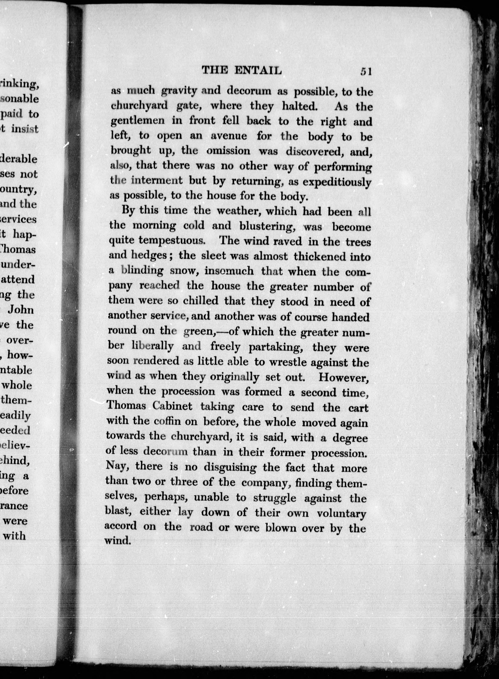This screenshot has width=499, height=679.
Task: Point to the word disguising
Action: coord(230,468)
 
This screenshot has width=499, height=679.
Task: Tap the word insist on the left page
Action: coord(25,129)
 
